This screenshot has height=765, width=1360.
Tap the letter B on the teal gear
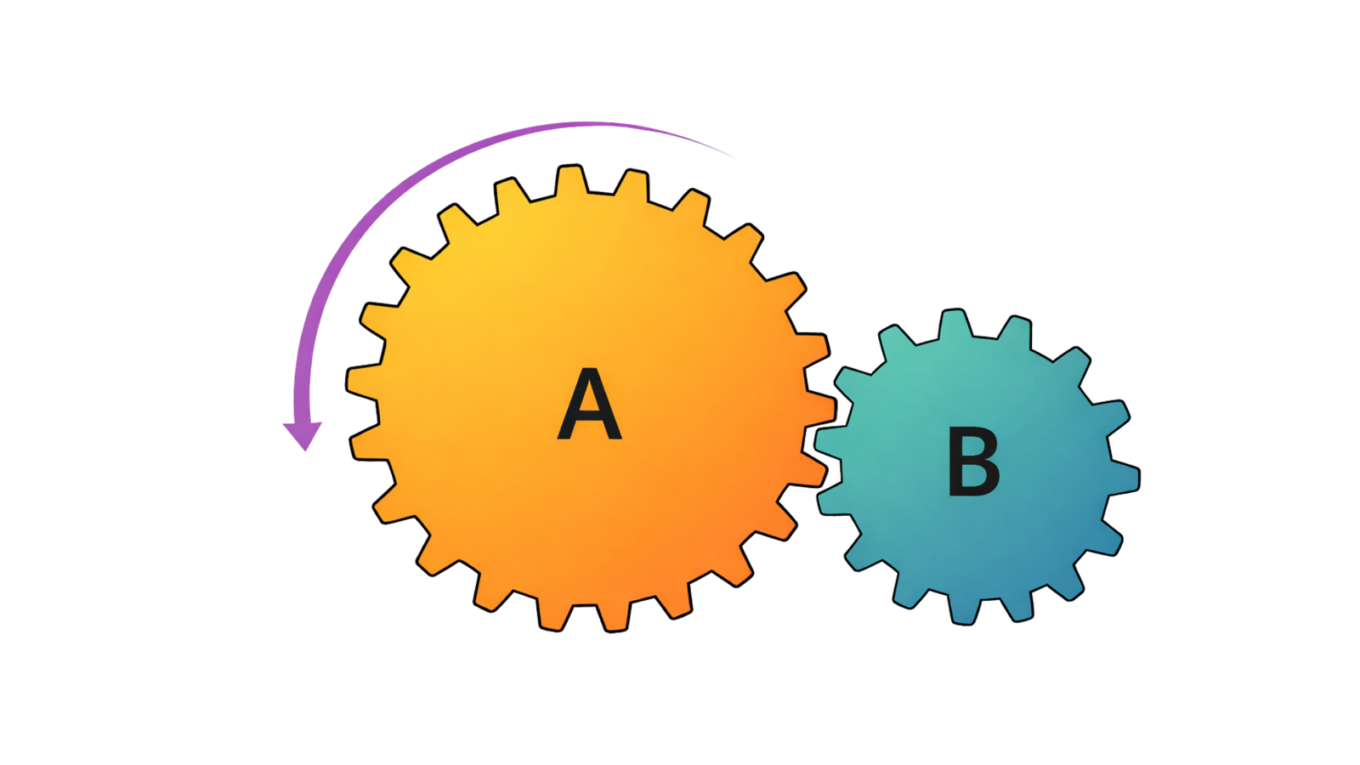pyautogui.click(x=973, y=463)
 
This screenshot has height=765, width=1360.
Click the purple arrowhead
pyautogui.click(x=302, y=434)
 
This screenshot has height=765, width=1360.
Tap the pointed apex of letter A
pyautogui.click(x=589, y=372)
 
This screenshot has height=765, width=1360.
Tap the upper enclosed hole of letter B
pyautogui.click(x=975, y=448)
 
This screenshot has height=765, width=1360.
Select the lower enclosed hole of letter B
pyautogui.click(x=977, y=479)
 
